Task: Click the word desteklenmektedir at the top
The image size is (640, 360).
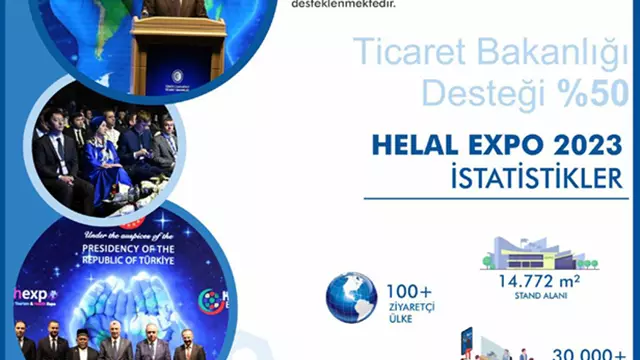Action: (x=342, y=4)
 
